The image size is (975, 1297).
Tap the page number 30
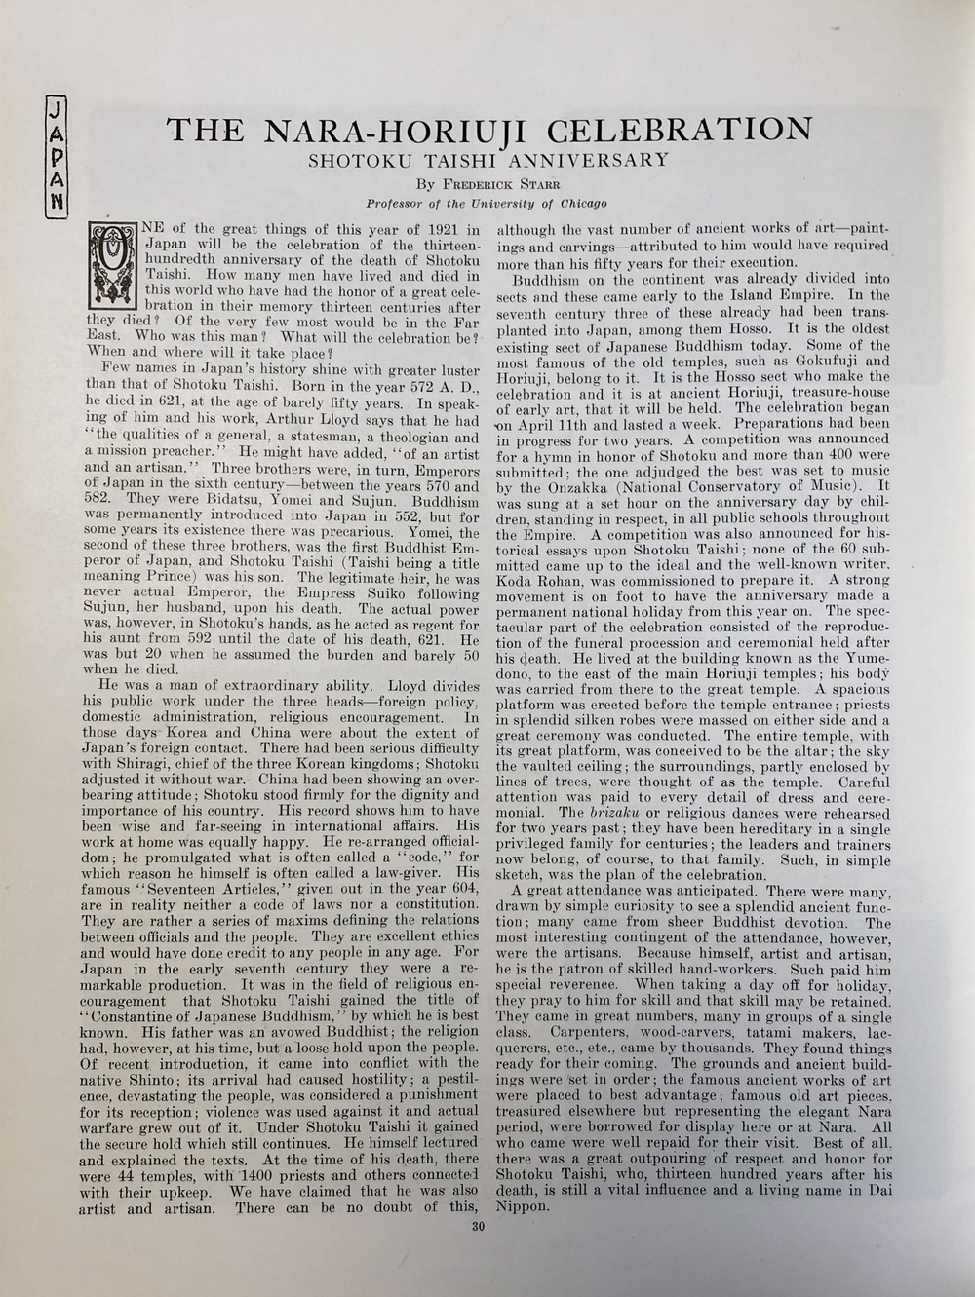point(477,1227)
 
